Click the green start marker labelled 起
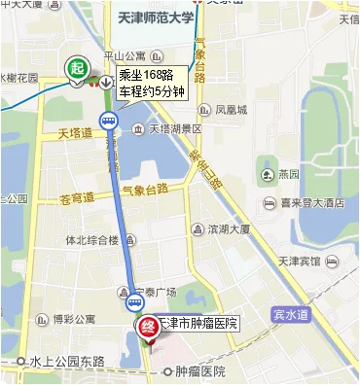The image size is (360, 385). coord(76,69)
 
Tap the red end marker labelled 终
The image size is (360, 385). coord(147,329)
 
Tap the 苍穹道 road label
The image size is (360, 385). coord(77,197)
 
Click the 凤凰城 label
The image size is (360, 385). coord(233,110)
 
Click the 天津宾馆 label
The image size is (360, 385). coord(315,261)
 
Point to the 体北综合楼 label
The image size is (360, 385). coord(91,240)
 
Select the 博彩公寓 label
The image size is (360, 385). coord(74,318)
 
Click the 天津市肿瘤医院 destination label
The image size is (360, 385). coord(198,323)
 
